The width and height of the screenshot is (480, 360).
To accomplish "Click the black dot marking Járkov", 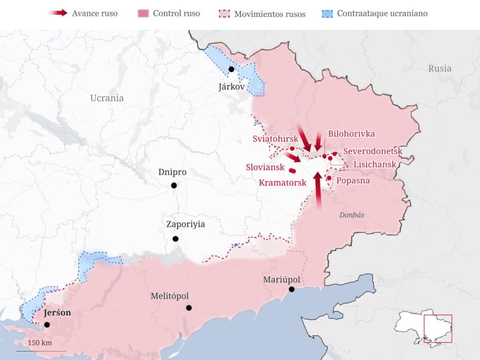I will (232, 69).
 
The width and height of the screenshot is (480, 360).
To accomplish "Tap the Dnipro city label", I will (173, 172).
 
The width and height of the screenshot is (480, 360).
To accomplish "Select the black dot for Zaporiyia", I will (175, 239).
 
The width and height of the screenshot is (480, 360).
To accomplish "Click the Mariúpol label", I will (282, 280).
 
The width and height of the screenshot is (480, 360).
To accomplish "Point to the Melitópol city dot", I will (189, 308).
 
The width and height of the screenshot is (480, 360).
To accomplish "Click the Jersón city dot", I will (47, 325).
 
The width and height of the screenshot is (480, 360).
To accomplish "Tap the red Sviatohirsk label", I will (275, 139).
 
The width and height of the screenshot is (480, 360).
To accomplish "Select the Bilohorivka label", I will (351, 134).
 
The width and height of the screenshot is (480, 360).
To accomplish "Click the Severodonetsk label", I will (373, 151).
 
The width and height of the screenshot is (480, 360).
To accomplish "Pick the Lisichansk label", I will (374, 164).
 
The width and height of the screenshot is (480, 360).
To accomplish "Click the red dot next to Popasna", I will (329, 178).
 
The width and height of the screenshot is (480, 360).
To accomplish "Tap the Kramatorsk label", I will (283, 182).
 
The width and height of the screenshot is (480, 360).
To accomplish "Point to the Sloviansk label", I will (265, 167).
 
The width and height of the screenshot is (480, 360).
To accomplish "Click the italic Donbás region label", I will (352, 215).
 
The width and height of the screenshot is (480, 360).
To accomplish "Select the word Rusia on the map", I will (440, 69).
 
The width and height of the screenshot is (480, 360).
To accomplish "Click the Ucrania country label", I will (107, 98).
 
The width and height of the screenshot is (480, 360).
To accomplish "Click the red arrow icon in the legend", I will (58, 13).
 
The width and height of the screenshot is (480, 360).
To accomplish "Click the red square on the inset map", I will (438, 328).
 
